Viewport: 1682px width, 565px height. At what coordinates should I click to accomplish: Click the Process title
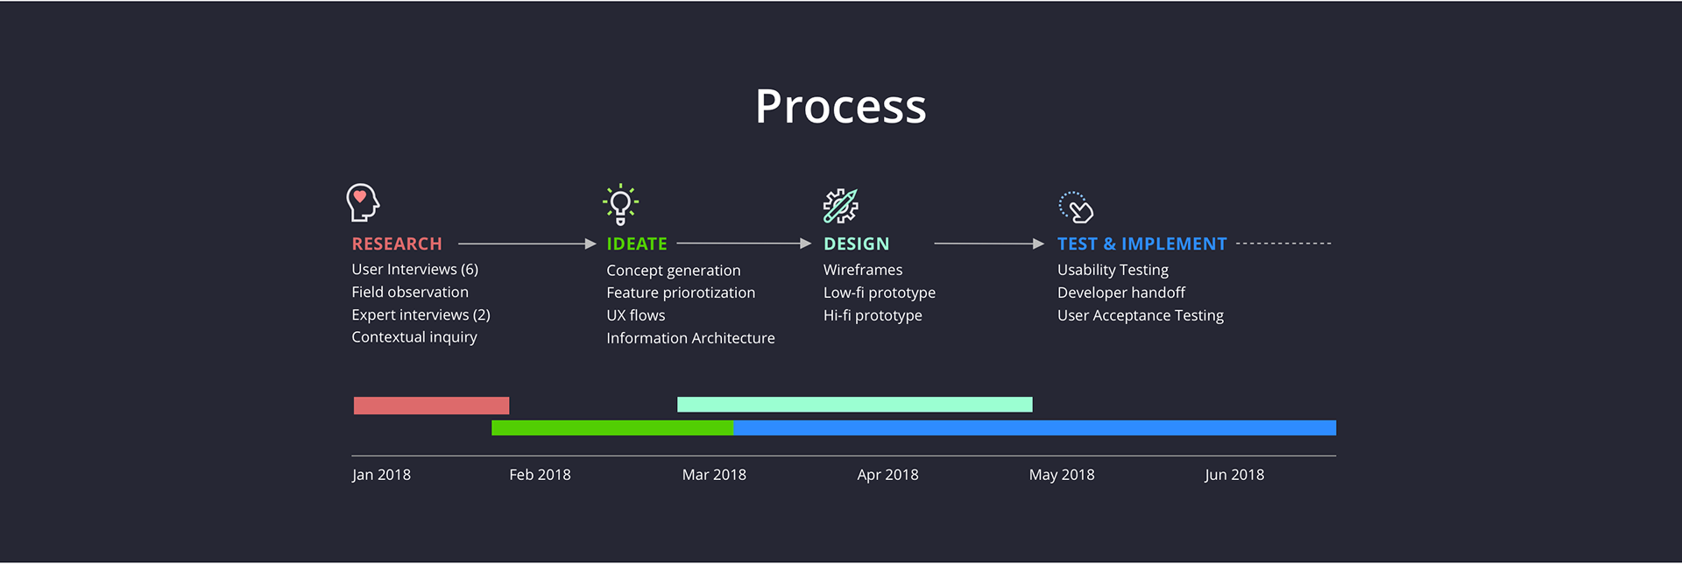pos(841,107)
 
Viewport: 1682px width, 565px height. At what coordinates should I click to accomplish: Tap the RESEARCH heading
pos(397,244)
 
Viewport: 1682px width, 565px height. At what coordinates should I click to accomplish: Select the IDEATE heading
pos(637,244)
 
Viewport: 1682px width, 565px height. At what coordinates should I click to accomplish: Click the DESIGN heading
pos(856,244)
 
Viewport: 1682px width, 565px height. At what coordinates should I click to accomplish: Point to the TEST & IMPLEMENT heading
pos(1141,244)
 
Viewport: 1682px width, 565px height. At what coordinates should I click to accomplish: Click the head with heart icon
pos(362,202)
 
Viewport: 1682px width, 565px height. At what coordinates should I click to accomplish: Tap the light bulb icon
pos(620,204)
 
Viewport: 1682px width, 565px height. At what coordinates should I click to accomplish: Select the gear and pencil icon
pos(841,206)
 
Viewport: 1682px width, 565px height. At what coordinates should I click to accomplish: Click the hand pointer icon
pos(1077,208)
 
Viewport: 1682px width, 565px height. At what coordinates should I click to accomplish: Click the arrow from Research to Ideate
pos(527,244)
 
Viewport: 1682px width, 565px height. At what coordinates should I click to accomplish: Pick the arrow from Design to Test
pos(989,244)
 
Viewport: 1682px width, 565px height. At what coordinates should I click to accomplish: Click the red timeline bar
pos(431,406)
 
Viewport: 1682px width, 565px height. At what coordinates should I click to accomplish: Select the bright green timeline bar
pos(612,427)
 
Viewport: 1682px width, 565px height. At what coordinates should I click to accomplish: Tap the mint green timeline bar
pos(855,405)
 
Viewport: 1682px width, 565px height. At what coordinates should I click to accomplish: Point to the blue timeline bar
pos(1035,427)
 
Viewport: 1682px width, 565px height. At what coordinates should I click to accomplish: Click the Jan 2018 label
pos(381,475)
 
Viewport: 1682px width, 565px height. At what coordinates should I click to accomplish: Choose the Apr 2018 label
pos(887,475)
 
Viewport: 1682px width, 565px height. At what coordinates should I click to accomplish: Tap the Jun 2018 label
pos(1234,475)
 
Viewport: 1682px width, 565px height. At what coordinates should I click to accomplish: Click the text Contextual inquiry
pos(414,337)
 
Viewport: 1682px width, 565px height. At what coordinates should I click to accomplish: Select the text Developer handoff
pos(1121,293)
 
